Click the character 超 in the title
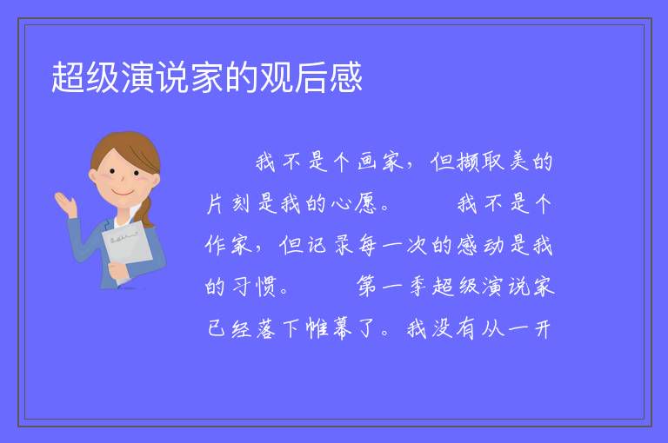pyautogui.click(x=68, y=77)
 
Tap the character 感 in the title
pyautogui.click(x=345, y=77)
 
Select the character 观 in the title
pyautogui.click(x=276, y=77)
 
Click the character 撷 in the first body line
pyautogui.click(x=467, y=162)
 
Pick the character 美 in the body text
pyautogui.click(x=518, y=162)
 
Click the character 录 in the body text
pyautogui.click(x=344, y=245)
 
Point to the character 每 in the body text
pyautogui.click(x=368, y=245)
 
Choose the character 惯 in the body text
pyautogui.click(x=266, y=287)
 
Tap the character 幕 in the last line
pyautogui.click(x=342, y=328)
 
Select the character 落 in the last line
pyautogui.click(x=266, y=328)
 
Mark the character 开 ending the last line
pyautogui.click(x=543, y=329)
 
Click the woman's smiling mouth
pyautogui.click(x=123, y=193)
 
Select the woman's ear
pyautogui.click(x=93, y=176)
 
